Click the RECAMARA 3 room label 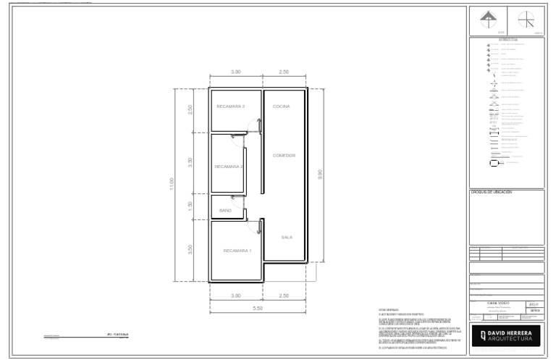(x=230, y=106)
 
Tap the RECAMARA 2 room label (x=228, y=167)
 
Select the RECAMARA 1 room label (x=237, y=251)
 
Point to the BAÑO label (x=225, y=210)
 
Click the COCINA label (x=281, y=106)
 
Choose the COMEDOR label (x=284, y=155)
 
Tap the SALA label (x=287, y=237)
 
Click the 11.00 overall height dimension (x=172, y=184)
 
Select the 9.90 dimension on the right (x=319, y=175)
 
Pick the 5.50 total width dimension (x=258, y=309)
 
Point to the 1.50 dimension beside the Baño (x=190, y=206)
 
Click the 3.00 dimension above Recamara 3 (x=235, y=72)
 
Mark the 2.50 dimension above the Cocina (x=283, y=72)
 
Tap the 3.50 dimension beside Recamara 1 (x=190, y=250)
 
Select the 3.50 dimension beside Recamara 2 (x=190, y=162)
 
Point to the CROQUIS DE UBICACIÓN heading (x=492, y=192)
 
